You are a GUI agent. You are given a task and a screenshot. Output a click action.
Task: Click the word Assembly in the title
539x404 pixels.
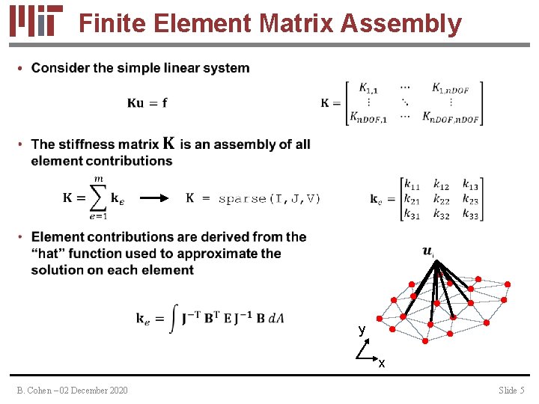click(x=402, y=23)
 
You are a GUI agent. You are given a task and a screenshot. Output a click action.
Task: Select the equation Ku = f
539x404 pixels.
click(x=147, y=103)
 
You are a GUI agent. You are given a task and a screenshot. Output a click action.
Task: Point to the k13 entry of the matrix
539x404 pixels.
click(x=470, y=185)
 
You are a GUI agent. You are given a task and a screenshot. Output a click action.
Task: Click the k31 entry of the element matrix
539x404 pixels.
click(x=411, y=215)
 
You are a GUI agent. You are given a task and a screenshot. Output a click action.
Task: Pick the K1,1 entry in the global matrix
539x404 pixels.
click(x=368, y=88)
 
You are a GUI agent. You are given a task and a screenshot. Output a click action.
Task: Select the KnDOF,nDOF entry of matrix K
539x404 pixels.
click(x=451, y=117)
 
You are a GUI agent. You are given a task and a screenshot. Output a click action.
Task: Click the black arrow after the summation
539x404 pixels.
click(x=157, y=198)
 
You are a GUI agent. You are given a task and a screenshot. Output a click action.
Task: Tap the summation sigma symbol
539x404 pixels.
click(x=97, y=199)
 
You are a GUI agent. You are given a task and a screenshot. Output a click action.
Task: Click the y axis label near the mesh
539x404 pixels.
click(x=362, y=329)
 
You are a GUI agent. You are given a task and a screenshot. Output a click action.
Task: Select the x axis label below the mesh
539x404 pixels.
click(x=382, y=364)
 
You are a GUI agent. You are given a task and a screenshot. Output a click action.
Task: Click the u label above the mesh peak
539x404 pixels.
click(x=427, y=251)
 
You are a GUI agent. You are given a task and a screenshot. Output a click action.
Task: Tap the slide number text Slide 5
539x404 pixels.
click(x=511, y=390)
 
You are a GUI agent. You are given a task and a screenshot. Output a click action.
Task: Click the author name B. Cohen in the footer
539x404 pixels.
click(x=37, y=390)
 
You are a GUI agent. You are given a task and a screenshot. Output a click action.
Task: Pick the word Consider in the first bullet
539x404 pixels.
click(x=60, y=68)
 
